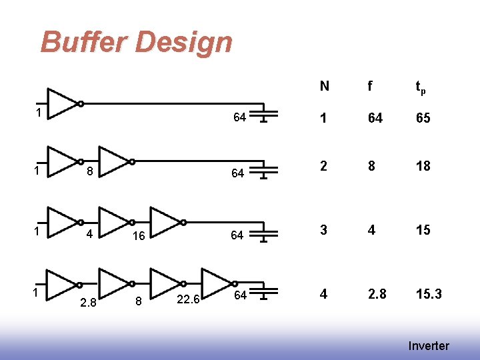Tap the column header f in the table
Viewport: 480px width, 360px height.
369,86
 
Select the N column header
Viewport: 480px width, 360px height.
324,86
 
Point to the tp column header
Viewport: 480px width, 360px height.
421,87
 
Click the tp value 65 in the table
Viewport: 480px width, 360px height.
423,118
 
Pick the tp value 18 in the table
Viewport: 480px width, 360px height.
423,166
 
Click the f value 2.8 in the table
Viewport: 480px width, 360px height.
376,294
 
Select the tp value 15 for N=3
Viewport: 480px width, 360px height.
423,230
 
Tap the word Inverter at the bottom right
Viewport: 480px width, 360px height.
429,345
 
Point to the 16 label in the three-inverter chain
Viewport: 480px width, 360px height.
139,236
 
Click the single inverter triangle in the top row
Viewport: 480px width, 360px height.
63,103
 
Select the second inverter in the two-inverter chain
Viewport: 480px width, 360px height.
114,161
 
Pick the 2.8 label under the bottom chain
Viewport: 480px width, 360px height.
88,303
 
